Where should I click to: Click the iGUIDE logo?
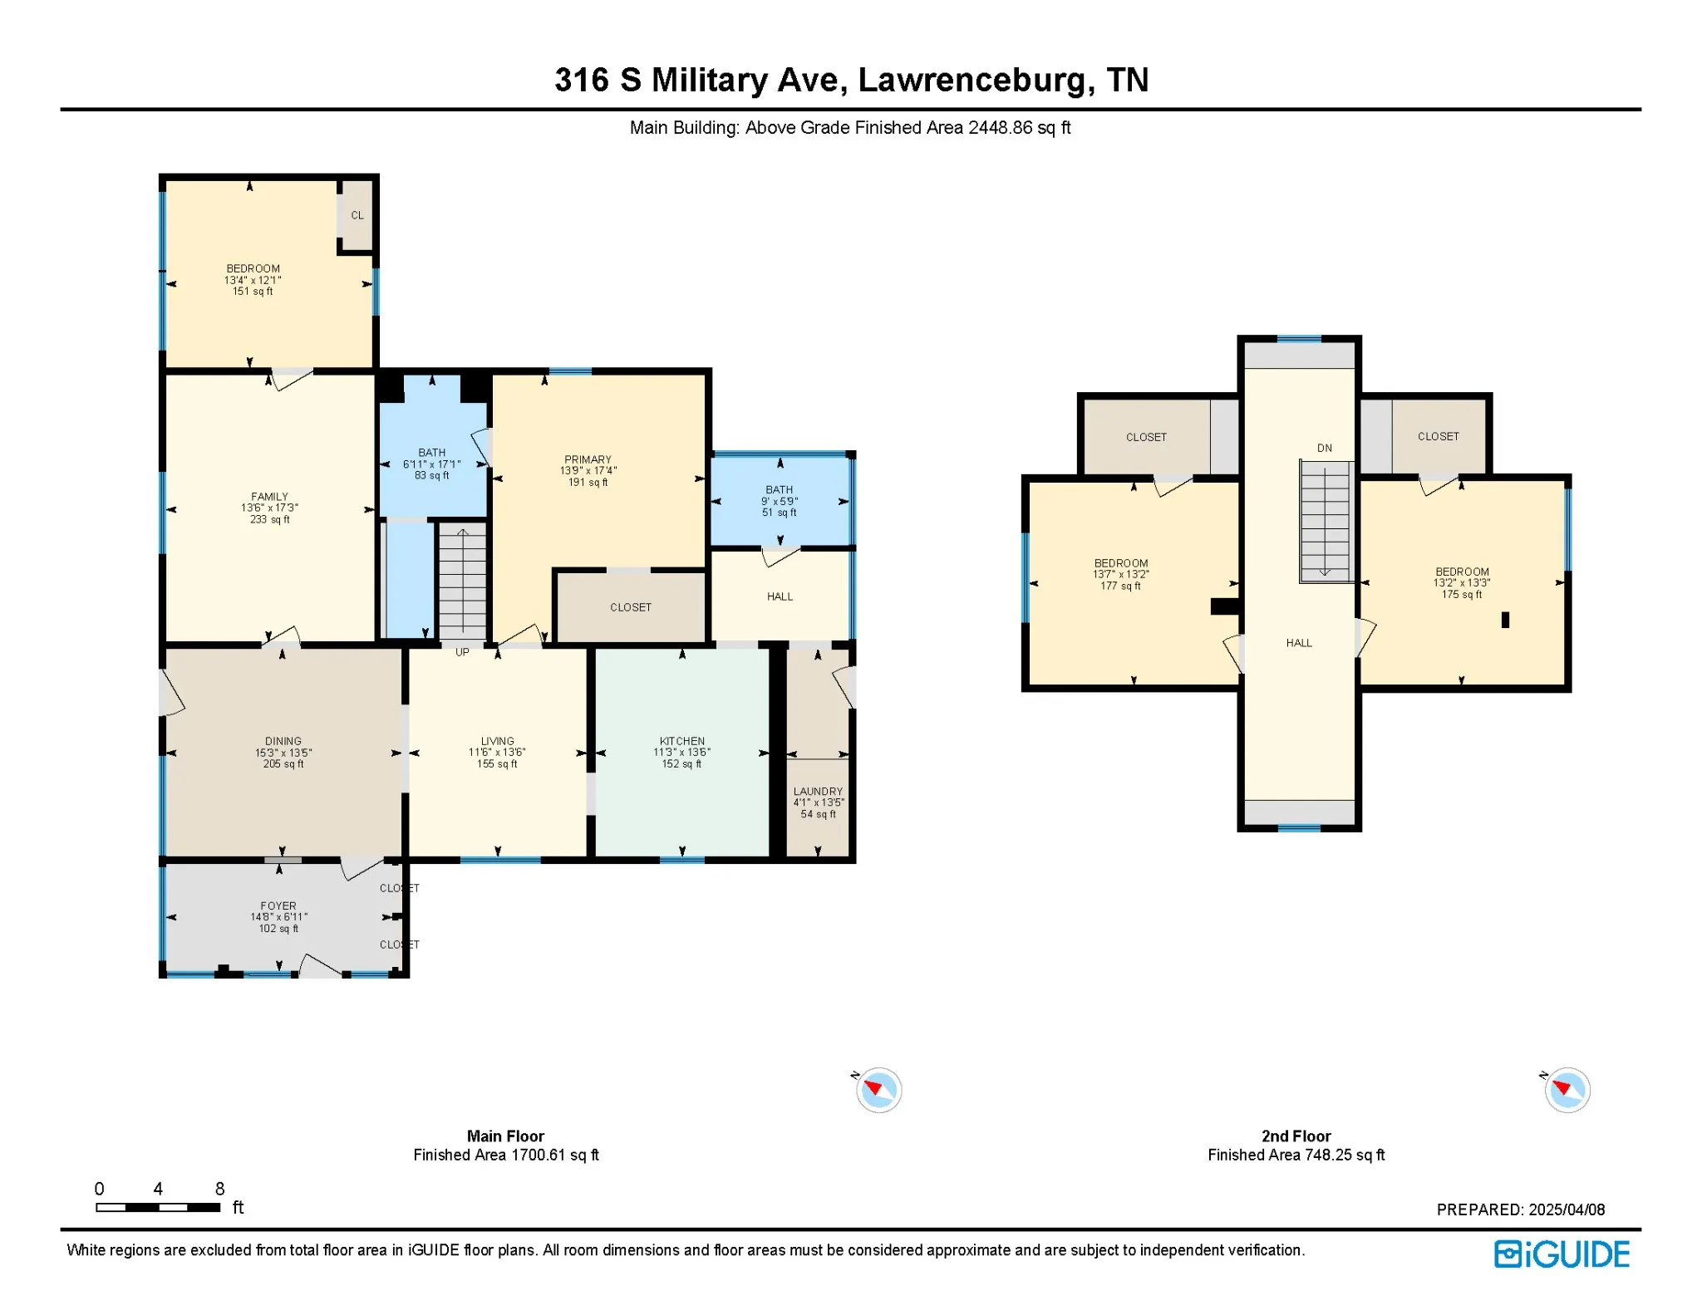(x=1562, y=1254)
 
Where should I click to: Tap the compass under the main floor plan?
(x=878, y=1090)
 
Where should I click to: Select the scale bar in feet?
(x=158, y=1207)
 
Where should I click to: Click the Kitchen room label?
(x=682, y=741)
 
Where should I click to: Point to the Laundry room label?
(x=818, y=792)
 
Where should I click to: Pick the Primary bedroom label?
(x=588, y=459)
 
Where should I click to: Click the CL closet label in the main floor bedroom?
(x=357, y=215)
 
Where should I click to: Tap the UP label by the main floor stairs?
(x=462, y=652)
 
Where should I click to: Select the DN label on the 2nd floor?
(x=1325, y=448)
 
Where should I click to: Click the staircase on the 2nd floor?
(x=1325, y=521)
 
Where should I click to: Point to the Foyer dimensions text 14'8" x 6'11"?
(x=279, y=917)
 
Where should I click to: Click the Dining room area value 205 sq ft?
(x=283, y=764)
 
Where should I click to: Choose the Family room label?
(x=270, y=497)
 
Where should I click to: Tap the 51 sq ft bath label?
(x=780, y=513)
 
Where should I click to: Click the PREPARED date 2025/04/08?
(x=1567, y=1210)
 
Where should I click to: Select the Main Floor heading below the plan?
(x=505, y=1136)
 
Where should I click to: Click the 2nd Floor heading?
(x=1296, y=1136)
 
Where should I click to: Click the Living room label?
(x=497, y=741)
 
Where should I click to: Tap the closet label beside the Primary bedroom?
(x=631, y=607)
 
